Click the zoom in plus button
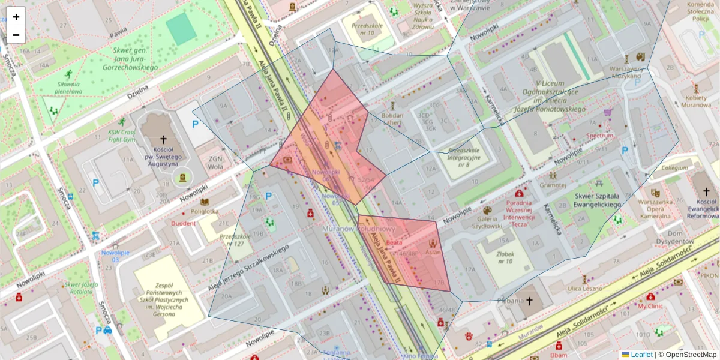16,17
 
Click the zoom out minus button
16,35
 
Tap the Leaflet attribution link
641,355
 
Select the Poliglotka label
205,211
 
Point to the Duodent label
183,223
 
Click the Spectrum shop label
600,136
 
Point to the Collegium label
675,169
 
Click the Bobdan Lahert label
392,119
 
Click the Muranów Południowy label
358,229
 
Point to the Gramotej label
553,185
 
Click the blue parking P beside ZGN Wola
195,125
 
